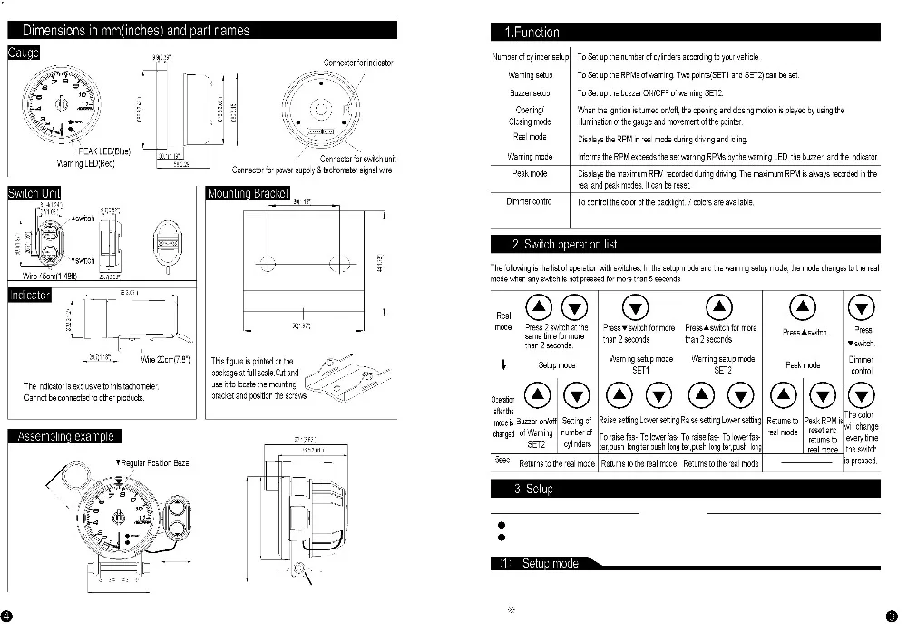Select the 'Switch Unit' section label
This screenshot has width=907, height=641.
(33, 194)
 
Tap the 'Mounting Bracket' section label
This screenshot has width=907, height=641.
(249, 194)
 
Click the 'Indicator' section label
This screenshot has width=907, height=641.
(30, 296)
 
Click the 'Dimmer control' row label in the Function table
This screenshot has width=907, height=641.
(529, 201)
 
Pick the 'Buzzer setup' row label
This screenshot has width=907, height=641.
(530, 93)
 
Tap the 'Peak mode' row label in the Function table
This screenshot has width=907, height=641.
(530, 172)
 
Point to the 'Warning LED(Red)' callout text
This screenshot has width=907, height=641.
(87, 164)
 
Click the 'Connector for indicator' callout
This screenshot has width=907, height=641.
(358, 63)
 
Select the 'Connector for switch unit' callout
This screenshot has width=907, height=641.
(357, 160)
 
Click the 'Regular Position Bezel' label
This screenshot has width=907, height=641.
(153, 463)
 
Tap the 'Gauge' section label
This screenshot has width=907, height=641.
(24, 53)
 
